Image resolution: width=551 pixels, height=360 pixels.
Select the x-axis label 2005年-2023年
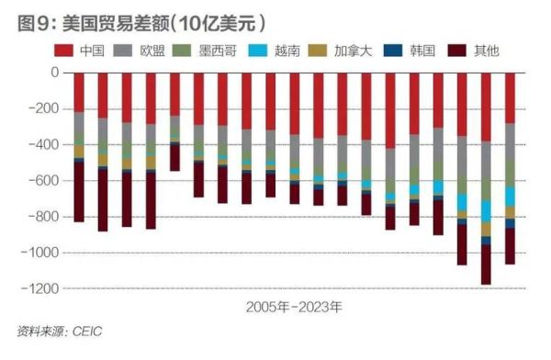pyautogui.click(x=293, y=308)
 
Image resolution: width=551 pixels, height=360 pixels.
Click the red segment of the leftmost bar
pyautogui.click(x=79, y=92)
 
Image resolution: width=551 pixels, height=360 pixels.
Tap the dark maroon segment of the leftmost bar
pyautogui.click(x=79, y=192)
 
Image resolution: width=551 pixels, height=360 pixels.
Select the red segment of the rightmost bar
pyautogui.click(x=509, y=97)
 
